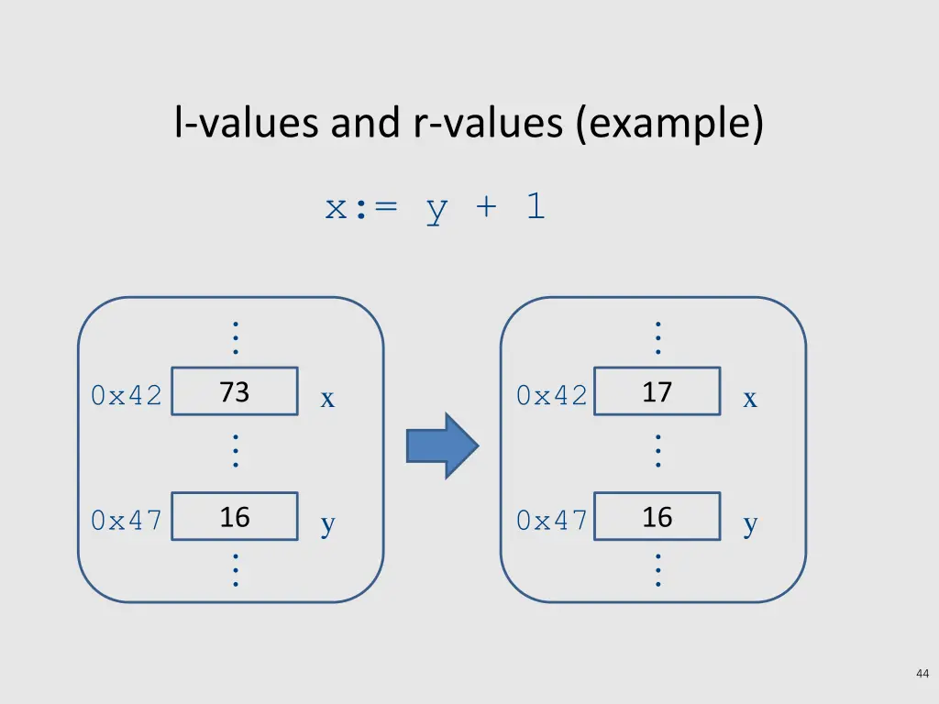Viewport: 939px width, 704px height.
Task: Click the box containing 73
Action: tap(235, 392)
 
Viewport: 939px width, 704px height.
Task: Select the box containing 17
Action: tap(657, 392)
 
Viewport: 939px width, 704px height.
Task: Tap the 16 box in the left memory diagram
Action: tap(235, 517)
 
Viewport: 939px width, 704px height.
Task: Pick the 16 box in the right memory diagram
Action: tap(657, 517)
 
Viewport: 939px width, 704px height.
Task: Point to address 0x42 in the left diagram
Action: tap(127, 396)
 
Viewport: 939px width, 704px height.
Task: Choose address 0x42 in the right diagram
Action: tap(551, 396)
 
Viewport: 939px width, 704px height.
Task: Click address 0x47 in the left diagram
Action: tap(127, 521)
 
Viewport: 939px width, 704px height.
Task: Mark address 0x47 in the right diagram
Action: tap(551, 521)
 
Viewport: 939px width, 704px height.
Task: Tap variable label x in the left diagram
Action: tap(327, 400)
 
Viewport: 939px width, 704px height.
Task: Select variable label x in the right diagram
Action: tap(750, 400)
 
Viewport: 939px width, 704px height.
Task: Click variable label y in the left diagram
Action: tap(327, 525)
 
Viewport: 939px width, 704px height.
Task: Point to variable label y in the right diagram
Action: tap(750, 525)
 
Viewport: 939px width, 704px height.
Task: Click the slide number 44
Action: tap(922, 675)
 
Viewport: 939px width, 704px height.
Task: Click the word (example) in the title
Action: tap(669, 125)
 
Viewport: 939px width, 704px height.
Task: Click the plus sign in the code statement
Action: tap(486, 208)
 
